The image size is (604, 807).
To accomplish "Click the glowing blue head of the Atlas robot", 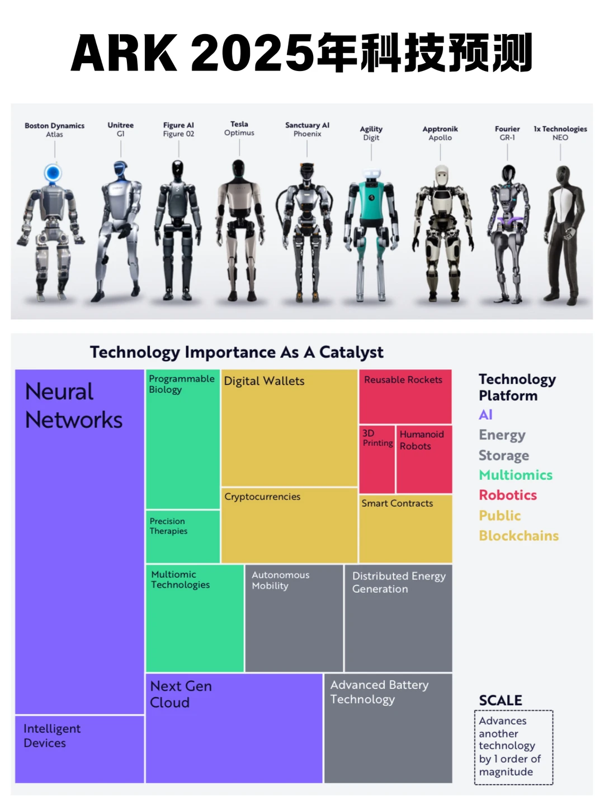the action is tap(53, 173).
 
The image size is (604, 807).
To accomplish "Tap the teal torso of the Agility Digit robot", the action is tap(371, 199).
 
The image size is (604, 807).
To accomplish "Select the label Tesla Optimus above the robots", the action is tap(239, 128).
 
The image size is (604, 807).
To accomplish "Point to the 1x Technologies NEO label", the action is tap(560, 133).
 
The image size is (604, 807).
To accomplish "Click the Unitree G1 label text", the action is tap(121, 129).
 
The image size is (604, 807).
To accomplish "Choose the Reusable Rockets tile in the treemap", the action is tap(405, 397).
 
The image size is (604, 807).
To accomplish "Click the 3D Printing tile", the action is tap(377, 459).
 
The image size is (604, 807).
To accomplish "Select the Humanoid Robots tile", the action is tap(424, 459).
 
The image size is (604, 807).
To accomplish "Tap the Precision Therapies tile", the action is tap(183, 536).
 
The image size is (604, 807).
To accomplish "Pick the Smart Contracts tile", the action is tap(405, 528).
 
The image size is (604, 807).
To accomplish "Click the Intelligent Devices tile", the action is tap(79, 749).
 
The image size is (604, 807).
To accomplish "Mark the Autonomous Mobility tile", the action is tap(294, 618).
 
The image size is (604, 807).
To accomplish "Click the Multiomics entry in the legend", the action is tap(516, 475).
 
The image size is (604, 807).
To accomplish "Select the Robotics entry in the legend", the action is tap(508, 495).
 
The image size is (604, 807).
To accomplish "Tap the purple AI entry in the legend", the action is tap(485, 415).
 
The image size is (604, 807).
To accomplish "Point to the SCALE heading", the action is tap(501, 700).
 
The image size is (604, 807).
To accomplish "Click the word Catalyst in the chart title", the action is tap(351, 353).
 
